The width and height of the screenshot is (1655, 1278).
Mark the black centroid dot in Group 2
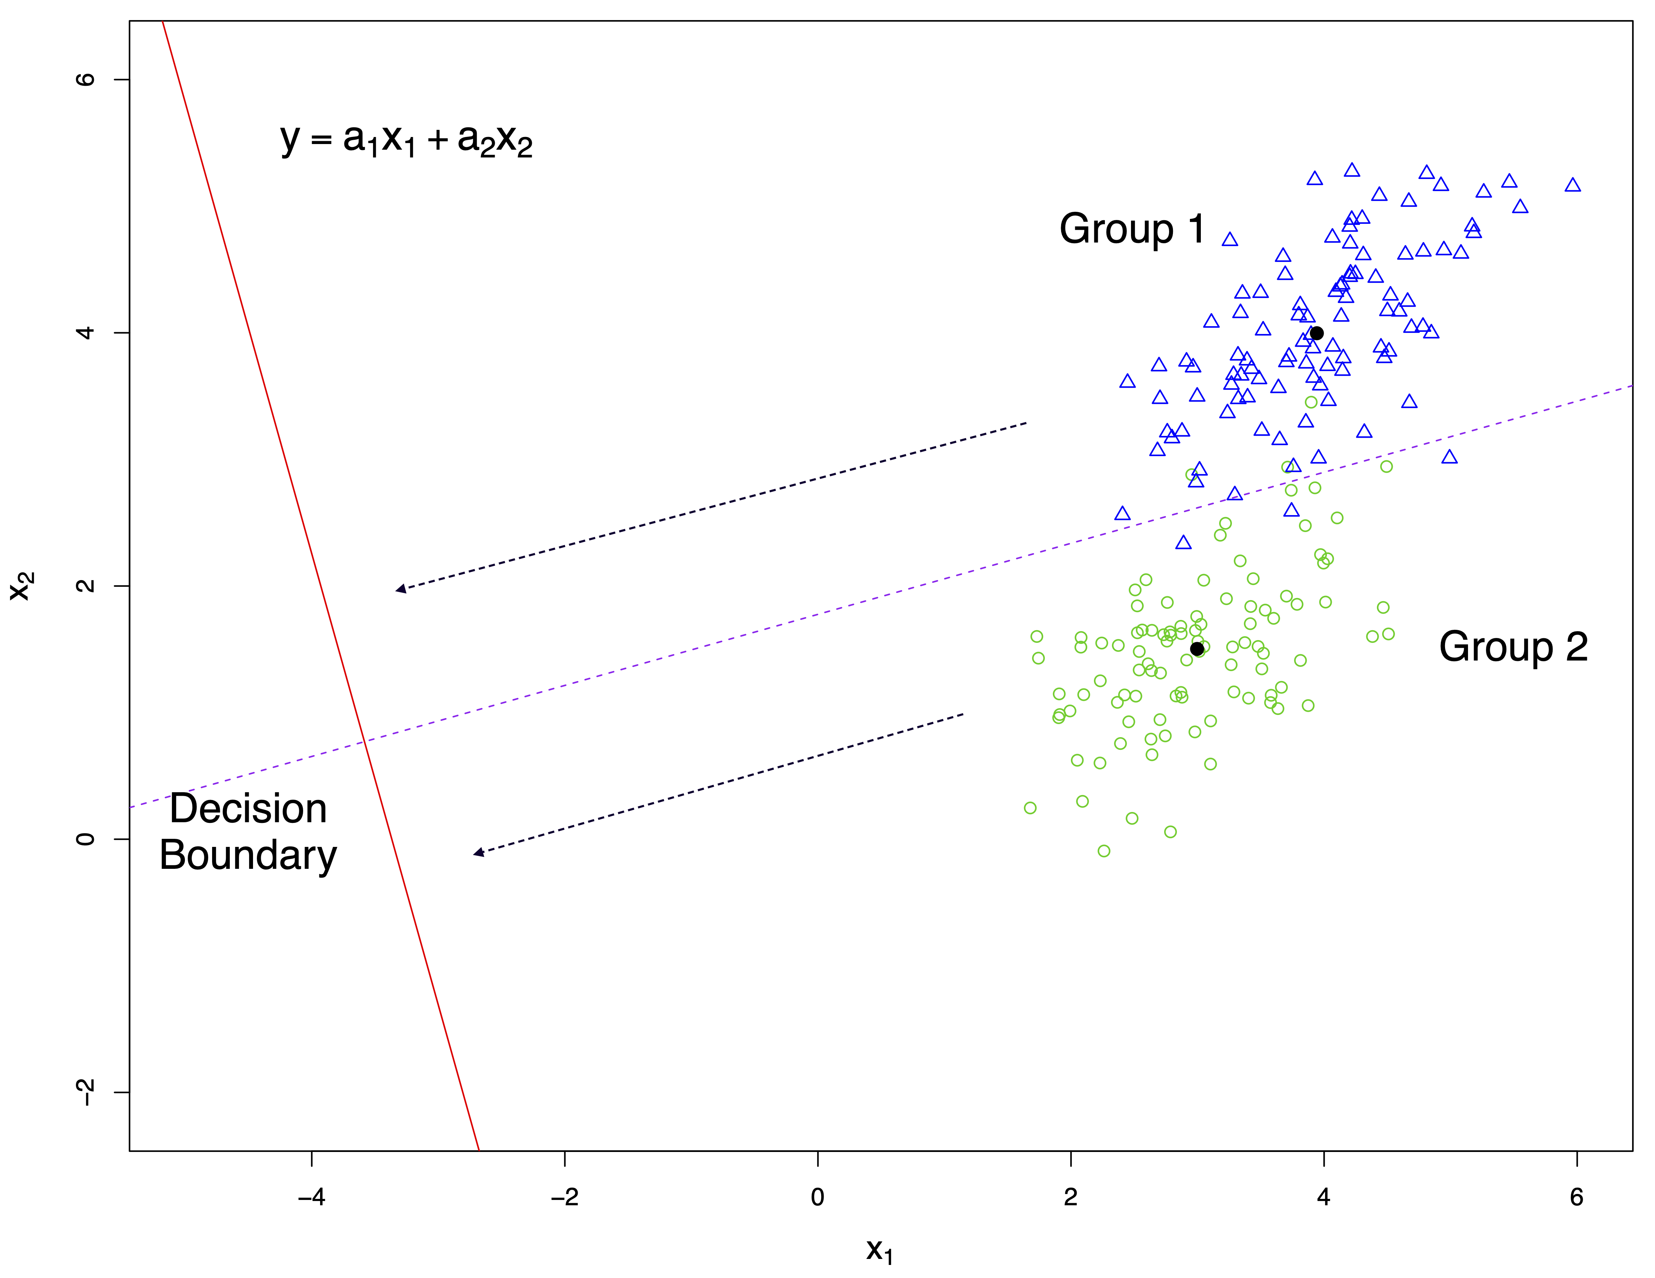[x=1197, y=649]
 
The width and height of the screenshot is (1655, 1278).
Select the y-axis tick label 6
[x=86, y=79]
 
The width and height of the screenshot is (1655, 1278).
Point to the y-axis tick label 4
[x=86, y=333]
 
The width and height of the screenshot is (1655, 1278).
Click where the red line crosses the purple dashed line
[x=364, y=740]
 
